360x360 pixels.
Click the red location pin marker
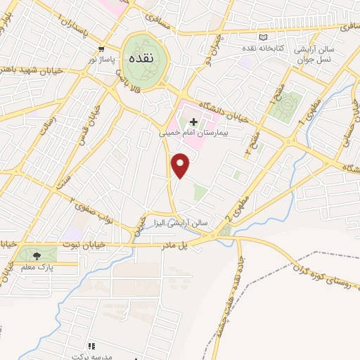(181, 165)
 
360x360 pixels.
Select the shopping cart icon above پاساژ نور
(103, 49)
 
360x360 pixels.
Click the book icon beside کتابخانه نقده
(263, 38)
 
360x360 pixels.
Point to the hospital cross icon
(194, 121)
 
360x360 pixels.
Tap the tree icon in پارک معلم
(37, 255)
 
